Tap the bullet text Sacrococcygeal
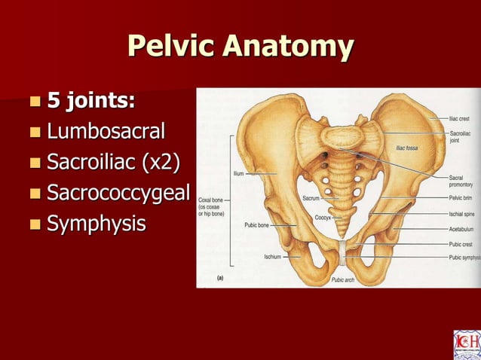pyautogui.click(x=118, y=194)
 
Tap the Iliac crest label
pyautogui.click(x=461, y=118)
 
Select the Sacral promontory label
pyautogui.click(x=462, y=181)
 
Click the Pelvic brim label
pyautogui.click(x=461, y=198)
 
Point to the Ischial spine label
pyautogui.click(x=462, y=215)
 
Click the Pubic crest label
pyautogui.click(x=462, y=244)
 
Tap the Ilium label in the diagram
pyautogui.click(x=238, y=173)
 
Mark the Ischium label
pyautogui.click(x=272, y=256)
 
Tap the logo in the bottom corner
pyautogui.click(x=466, y=345)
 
